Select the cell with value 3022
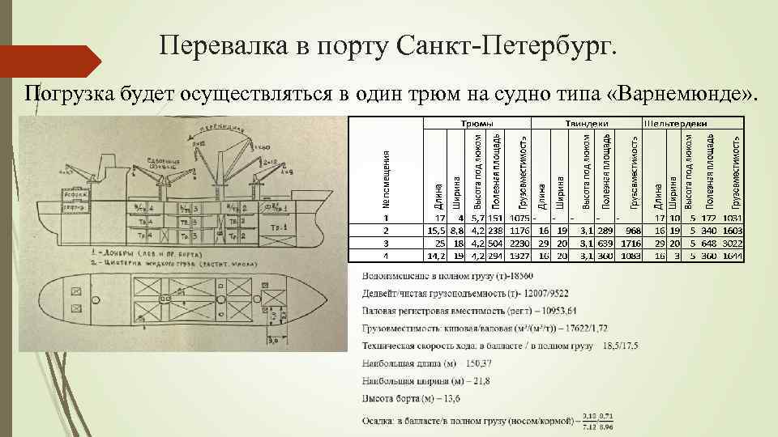pos(732,244)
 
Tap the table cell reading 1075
pos(519,218)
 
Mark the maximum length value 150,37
pos(483,363)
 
